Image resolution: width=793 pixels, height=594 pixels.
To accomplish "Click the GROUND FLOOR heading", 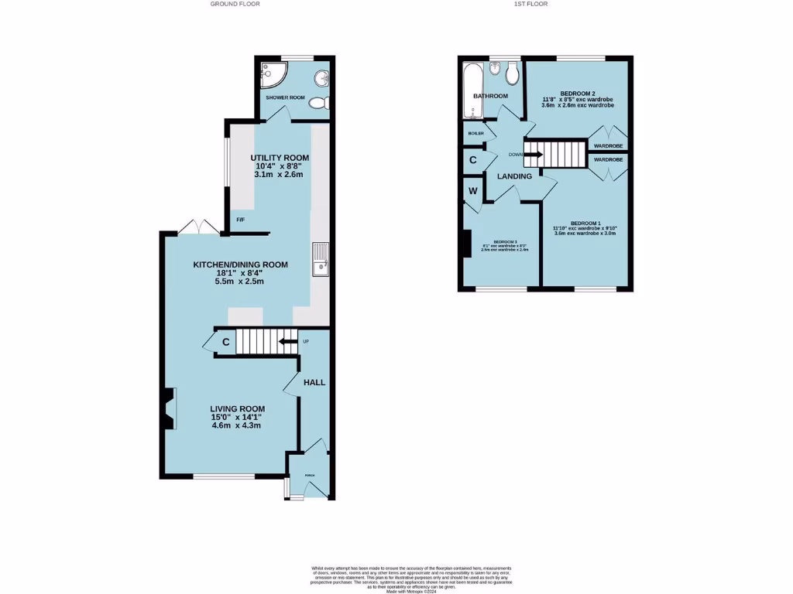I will [x=235, y=4].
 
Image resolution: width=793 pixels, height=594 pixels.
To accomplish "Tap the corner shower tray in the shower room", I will [x=273, y=74].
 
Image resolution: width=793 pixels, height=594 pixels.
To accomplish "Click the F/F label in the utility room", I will [x=241, y=220].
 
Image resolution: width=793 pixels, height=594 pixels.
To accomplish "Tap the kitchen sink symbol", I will [x=321, y=259].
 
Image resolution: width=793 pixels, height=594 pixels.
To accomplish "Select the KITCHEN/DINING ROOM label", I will [x=240, y=265].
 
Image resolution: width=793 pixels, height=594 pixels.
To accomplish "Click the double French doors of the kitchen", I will [x=198, y=227].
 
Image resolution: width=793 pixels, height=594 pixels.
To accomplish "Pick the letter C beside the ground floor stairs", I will [x=225, y=342].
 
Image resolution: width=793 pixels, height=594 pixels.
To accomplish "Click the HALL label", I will [x=314, y=382].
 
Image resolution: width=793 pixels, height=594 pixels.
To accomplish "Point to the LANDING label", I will [x=514, y=176].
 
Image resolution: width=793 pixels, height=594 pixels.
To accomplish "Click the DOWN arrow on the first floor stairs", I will [x=533, y=155].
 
